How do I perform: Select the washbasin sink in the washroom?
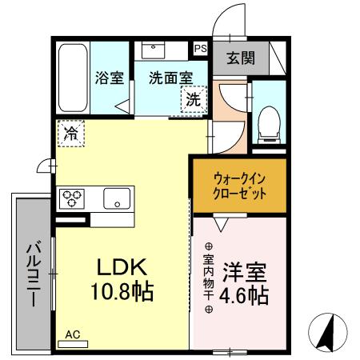coord(155,50)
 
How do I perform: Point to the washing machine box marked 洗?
coord(193,101)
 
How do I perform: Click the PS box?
coord(200,49)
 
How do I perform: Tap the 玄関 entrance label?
coord(238,58)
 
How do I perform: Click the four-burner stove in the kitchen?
coord(74,198)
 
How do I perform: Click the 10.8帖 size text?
coord(122,291)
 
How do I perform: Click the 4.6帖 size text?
coord(244,294)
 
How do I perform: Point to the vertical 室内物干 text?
coord(208,275)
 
